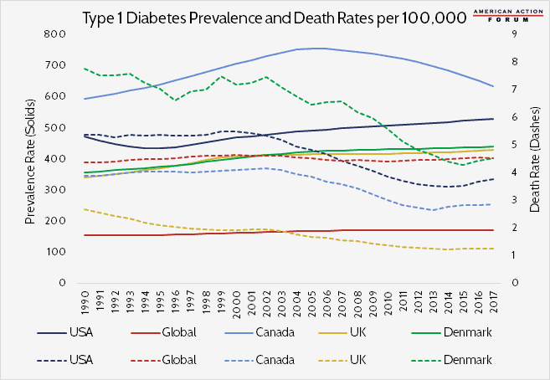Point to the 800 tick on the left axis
(x=55, y=34)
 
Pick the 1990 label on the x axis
(x=85, y=300)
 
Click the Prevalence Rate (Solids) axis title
(x=29, y=158)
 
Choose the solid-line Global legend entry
(x=150, y=333)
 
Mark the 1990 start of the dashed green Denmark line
(x=85, y=69)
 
